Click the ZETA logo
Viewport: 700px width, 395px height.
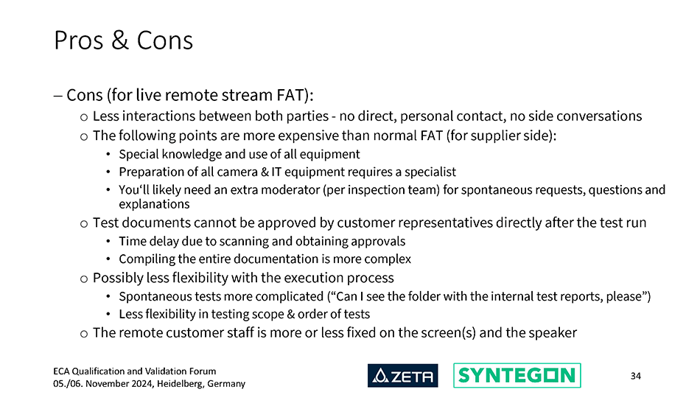click(402, 375)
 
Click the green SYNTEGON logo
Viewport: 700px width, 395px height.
click(517, 375)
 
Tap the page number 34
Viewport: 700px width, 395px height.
click(636, 377)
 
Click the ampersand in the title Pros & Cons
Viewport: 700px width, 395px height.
click(119, 41)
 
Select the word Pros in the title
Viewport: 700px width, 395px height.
click(79, 41)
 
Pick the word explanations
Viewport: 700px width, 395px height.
click(154, 204)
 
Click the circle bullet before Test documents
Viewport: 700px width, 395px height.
click(84, 224)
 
